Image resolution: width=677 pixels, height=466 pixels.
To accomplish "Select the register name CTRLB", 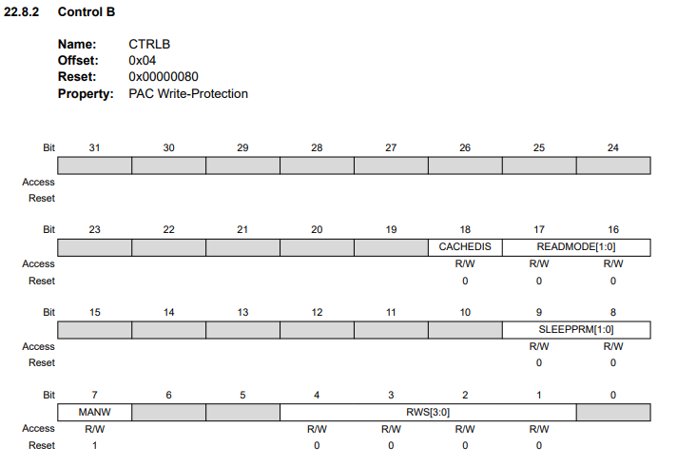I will pos(149,45).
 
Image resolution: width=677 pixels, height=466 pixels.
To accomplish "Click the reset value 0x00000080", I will pos(164,77).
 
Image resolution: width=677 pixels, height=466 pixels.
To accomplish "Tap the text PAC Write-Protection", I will pos(188,93).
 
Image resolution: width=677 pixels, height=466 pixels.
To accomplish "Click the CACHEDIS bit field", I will pos(465,247).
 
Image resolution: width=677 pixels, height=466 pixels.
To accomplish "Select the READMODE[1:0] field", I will pos(576,247).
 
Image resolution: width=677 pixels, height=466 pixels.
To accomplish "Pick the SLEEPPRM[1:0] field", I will pos(576,330).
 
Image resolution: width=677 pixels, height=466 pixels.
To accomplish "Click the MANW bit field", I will pos(94,412).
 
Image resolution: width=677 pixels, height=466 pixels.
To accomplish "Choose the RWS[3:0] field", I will pos(428,412).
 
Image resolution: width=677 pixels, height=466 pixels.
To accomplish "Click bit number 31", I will pos(94,148).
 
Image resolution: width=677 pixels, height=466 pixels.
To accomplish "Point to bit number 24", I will pos(613,148).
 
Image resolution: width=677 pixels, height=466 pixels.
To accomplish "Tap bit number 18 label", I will pos(465,230).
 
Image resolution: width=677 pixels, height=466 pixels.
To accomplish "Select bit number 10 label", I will pos(465,313).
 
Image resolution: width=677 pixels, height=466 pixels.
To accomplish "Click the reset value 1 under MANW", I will pos(94,445).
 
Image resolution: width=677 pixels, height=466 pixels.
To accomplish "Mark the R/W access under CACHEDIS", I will pos(465,263).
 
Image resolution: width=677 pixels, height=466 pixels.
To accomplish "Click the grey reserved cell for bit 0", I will pos(613,412).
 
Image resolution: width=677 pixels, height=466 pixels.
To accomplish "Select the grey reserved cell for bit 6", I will pos(168,412).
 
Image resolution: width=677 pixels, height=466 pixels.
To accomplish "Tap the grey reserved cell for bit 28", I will pos(317,165).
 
